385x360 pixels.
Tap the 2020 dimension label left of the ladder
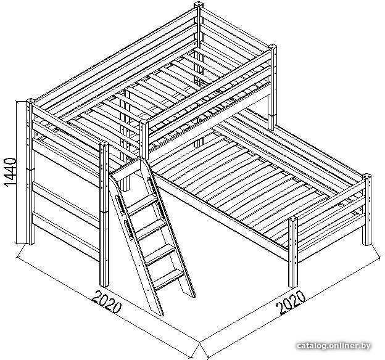(x=107, y=302)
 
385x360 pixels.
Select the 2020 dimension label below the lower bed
(x=291, y=302)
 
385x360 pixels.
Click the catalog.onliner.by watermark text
(x=334, y=346)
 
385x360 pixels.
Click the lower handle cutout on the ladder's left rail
(x=129, y=229)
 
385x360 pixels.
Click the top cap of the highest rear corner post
(x=199, y=5)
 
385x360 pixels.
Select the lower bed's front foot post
(x=293, y=252)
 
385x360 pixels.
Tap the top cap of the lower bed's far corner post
(x=367, y=176)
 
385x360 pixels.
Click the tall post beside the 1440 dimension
(x=30, y=172)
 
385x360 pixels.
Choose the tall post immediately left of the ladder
(x=104, y=214)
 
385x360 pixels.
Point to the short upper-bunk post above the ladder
(x=144, y=139)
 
